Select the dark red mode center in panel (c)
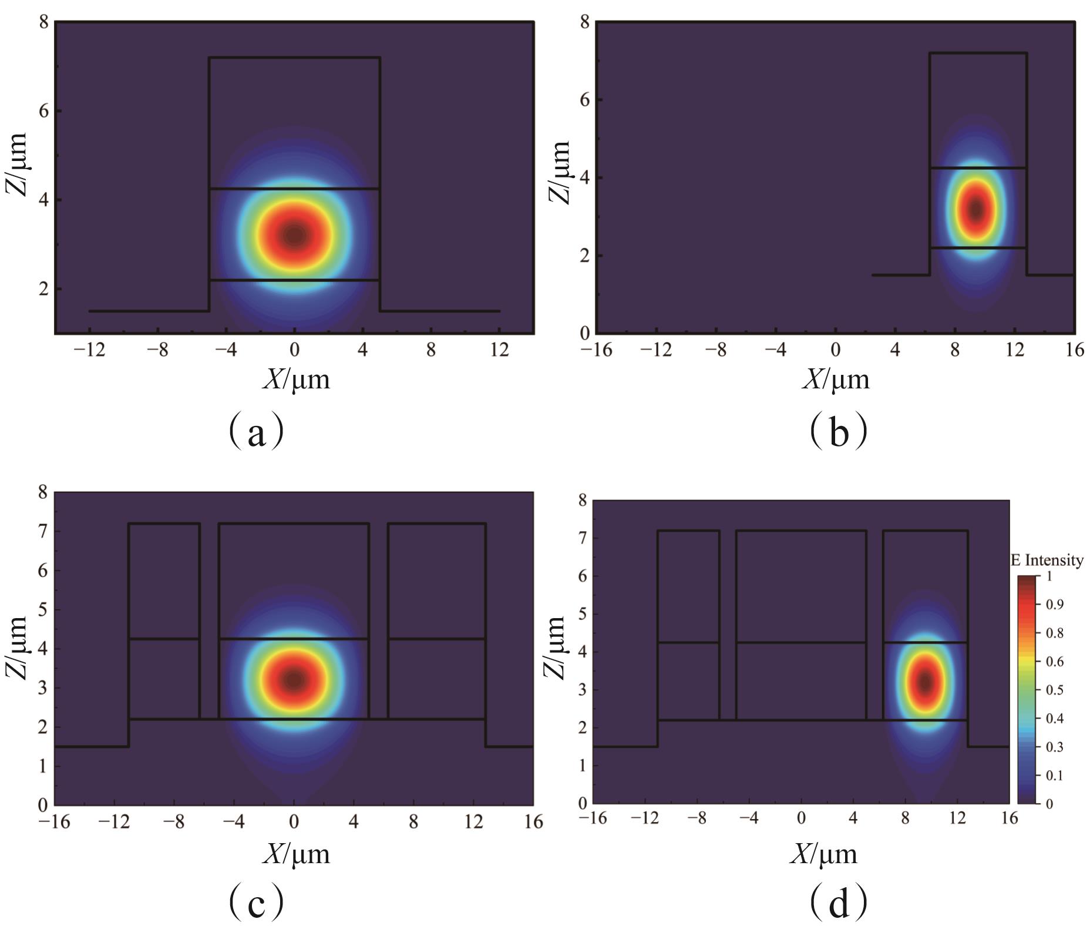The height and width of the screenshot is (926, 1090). pos(294,680)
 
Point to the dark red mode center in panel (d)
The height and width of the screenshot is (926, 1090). pos(926,682)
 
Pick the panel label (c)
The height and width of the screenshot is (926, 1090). pos(256,903)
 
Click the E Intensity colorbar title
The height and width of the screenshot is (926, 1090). pos(1047,561)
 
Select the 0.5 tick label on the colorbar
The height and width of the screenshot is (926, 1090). pos(1055,690)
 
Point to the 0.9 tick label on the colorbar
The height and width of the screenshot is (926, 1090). pos(1055,605)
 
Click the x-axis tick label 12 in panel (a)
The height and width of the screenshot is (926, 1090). pos(499,350)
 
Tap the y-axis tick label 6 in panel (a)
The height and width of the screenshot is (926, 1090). pos(43,111)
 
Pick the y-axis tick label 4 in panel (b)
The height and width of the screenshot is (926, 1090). pos(585,177)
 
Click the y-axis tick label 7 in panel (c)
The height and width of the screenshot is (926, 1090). pos(43,531)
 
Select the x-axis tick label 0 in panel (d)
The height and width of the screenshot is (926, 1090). pos(801,818)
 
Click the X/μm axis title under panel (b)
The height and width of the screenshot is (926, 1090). pos(836,380)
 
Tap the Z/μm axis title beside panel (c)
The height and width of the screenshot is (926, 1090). pos(18,647)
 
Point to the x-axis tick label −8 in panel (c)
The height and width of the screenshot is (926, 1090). pos(174,821)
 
